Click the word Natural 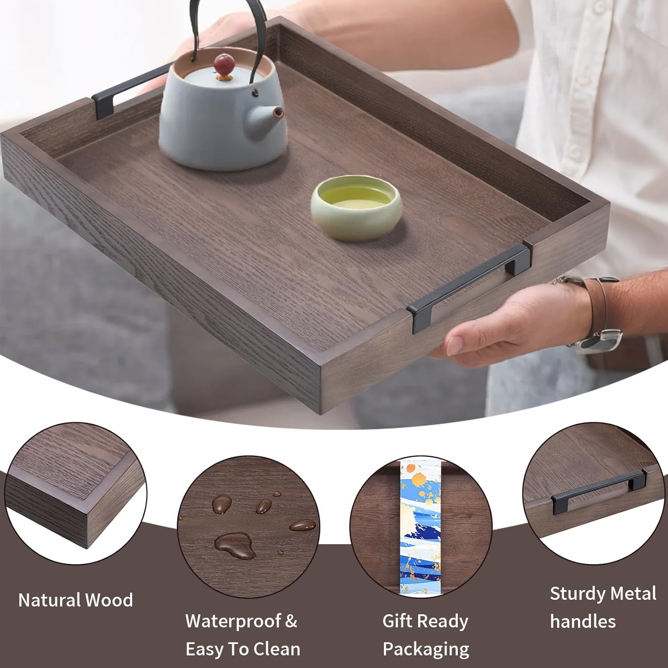(x=49, y=600)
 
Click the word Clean (x=276, y=649)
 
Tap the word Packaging (x=426, y=650)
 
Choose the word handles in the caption (x=582, y=622)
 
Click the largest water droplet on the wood (x=234, y=545)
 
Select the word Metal (x=633, y=594)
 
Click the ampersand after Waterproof (x=291, y=621)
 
